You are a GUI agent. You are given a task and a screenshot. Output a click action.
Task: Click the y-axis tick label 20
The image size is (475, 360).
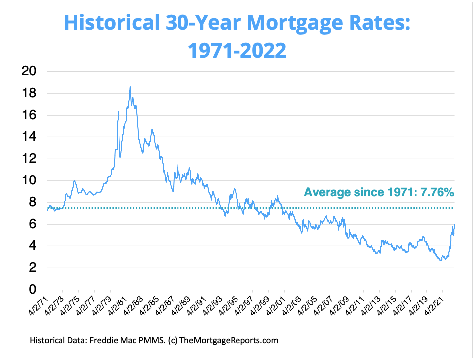click(x=30, y=71)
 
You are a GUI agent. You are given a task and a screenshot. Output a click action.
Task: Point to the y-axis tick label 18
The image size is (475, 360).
click(x=30, y=93)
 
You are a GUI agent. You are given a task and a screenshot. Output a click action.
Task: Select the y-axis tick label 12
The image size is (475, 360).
click(x=30, y=159)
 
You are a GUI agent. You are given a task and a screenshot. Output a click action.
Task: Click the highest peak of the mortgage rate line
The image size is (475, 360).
click(x=130, y=87)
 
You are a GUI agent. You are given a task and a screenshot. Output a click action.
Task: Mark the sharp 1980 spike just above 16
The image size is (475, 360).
click(x=118, y=112)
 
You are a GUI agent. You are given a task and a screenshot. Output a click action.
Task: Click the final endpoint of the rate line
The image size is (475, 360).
click(x=454, y=224)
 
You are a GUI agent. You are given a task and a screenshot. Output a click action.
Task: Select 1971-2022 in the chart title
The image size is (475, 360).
click(x=237, y=50)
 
